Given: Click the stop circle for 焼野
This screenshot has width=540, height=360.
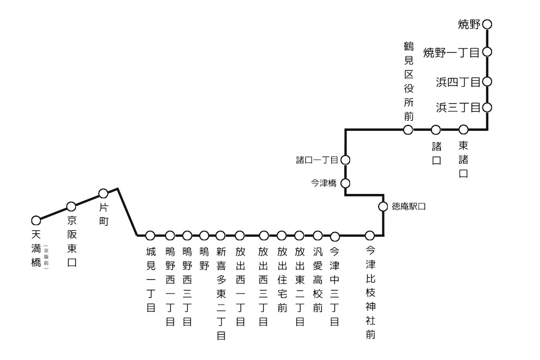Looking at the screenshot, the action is [x=487, y=24].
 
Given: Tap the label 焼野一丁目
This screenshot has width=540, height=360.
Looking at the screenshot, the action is [x=451, y=53].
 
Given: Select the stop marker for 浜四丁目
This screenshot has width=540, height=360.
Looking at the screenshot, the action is [x=487, y=82].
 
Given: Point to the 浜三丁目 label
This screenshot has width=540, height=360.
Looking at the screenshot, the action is [x=458, y=108].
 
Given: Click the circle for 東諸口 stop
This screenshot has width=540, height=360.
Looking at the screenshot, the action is [x=464, y=130].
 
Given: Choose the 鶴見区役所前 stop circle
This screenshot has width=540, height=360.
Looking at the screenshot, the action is [x=408, y=130].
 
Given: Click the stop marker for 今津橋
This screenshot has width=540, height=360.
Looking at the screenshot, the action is [x=345, y=183].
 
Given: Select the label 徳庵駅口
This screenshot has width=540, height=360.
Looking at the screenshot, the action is [x=409, y=207].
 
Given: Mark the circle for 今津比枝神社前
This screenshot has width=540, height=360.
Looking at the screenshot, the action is [x=370, y=235].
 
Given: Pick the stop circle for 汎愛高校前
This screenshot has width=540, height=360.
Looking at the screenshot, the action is [x=317, y=235].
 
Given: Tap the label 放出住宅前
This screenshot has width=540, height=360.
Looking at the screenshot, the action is [x=282, y=280].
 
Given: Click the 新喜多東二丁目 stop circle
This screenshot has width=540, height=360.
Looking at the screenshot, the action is [x=220, y=235].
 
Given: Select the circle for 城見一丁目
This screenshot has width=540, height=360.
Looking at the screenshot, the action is [x=150, y=235].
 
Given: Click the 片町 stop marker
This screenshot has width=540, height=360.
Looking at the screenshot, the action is [x=103, y=193].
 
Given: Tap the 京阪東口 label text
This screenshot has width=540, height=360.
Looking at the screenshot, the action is [x=72, y=241].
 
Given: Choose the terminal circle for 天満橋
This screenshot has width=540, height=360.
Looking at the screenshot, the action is [x=36, y=220].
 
